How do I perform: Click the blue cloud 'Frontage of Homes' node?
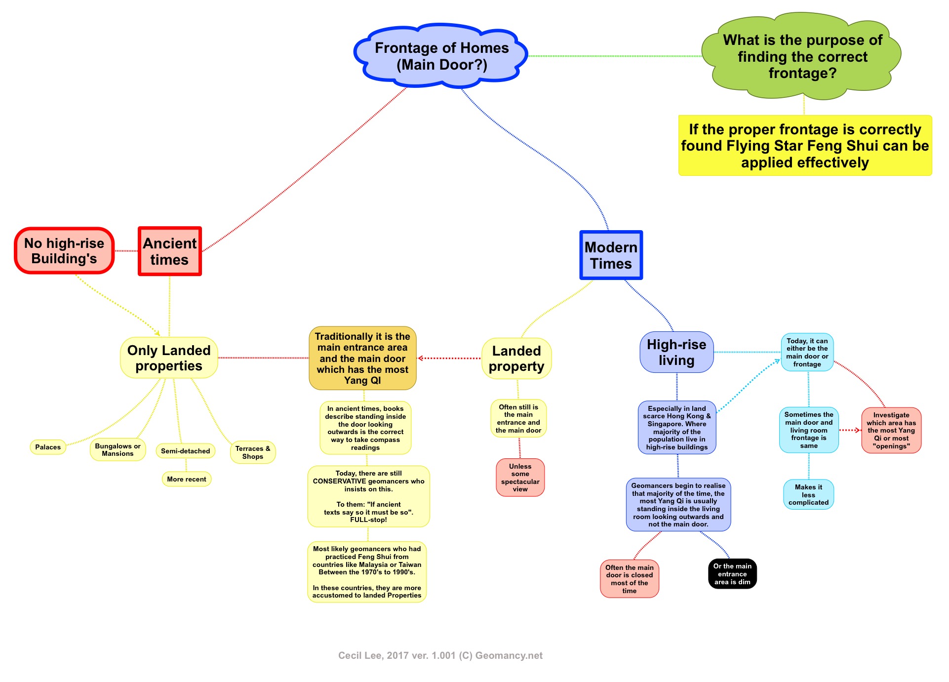click(441, 56)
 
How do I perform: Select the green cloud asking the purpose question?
click(802, 56)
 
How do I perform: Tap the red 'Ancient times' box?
click(169, 251)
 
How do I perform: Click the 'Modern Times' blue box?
click(611, 255)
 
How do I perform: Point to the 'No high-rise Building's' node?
click(64, 251)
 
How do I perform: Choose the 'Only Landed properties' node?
click(169, 358)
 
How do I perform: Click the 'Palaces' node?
click(48, 447)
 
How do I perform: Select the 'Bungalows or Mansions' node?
click(118, 450)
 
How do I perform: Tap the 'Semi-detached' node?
click(185, 451)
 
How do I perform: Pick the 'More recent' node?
click(186, 479)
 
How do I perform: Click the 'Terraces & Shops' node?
click(252, 452)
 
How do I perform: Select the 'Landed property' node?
click(516, 359)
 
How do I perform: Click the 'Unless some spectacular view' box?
click(520, 478)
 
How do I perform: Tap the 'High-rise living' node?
click(676, 353)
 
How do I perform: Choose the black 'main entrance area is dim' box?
click(732, 574)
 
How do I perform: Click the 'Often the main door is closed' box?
click(629, 579)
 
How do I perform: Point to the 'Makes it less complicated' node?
click(808, 494)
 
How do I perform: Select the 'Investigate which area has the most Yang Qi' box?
click(891, 430)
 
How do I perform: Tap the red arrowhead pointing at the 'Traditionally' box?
click(421, 359)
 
